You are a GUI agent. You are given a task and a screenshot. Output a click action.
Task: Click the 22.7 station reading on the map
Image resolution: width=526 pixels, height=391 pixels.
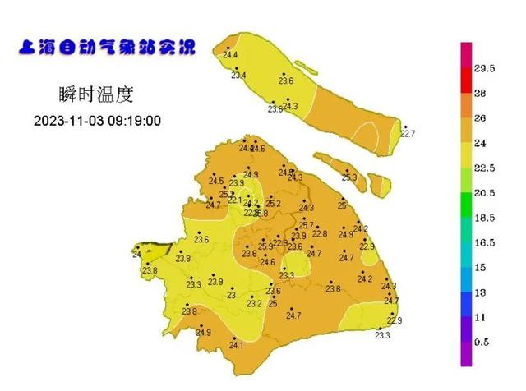point(408,133)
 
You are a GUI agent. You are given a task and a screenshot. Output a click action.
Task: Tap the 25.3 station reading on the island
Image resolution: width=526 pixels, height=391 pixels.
point(349,177)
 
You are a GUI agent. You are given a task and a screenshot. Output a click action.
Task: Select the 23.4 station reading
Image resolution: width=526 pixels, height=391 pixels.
point(239,76)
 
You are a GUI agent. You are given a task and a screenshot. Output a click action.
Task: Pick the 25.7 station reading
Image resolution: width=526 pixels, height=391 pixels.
point(306,226)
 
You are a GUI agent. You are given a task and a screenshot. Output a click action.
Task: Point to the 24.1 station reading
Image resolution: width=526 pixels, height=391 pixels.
point(237,346)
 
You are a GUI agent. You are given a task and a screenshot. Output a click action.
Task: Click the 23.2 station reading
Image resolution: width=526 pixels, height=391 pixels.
point(254,304)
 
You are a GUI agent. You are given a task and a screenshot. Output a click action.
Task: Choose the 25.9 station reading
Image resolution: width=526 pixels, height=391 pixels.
point(265,246)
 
